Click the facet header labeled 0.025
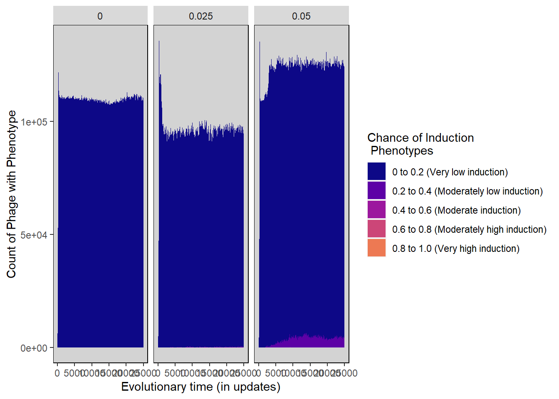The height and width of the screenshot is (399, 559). pyautogui.click(x=201, y=16)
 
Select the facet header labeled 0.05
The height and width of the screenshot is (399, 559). pyautogui.click(x=302, y=16)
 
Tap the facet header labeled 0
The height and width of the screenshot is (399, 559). pyautogui.click(x=100, y=16)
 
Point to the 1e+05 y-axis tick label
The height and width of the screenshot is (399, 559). pyautogui.click(x=34, y=122)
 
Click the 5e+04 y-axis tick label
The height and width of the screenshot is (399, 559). pyautogui.click(x=34, y=235)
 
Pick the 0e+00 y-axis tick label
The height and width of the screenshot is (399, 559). pyautogui.click(x=34, y=348)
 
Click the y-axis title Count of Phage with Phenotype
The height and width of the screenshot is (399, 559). pyautogui.click(x=11, y=194)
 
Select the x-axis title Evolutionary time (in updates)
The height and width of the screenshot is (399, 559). pyautogui.click(x=201, y=387)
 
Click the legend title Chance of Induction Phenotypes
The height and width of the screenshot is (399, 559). pyautogui.click(x=420, y=144)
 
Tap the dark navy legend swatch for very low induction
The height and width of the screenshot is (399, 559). pyautogui.click(x=376, y=172)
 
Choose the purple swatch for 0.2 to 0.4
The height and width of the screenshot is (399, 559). pyautogui.click(x=376, y=191)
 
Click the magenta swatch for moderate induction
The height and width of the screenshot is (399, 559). pyautogui.click(x=376, y=210)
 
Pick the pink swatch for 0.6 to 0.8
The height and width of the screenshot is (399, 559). pyautogui.click(x=376, y=229)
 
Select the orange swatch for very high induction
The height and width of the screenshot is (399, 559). pyautogui.click(x=376, y=248)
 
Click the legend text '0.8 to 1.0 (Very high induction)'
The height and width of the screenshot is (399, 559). pyautogui.click(x=455, y=249)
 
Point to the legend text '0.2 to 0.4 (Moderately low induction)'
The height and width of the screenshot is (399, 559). pyautogui.click(x=467, y=191)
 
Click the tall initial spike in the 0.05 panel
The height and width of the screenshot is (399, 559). pyautogui.click(x=260, y=62)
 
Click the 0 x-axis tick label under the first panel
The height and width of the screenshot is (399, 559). pyautogui.click(x=57, y=373)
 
